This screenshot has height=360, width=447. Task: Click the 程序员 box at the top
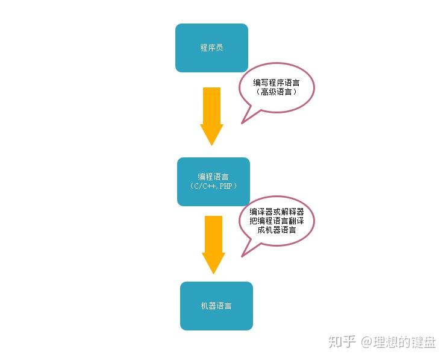coord(211,48)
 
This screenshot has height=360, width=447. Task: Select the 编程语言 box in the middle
coord(213,182)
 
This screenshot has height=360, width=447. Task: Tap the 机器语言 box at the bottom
coord(216,306)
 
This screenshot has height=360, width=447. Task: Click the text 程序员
coord(211,48)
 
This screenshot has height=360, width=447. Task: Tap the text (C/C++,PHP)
coord(213,186)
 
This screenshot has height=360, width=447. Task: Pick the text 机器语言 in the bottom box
coord(216,306)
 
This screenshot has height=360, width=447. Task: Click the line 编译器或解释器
coord(277,212)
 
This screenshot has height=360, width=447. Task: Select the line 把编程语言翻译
coord(277,221)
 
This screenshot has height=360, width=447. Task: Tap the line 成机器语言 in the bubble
coord(277,230)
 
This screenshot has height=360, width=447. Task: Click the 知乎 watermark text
coord(342,342)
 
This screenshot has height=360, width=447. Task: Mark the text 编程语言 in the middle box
coord(213,177)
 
